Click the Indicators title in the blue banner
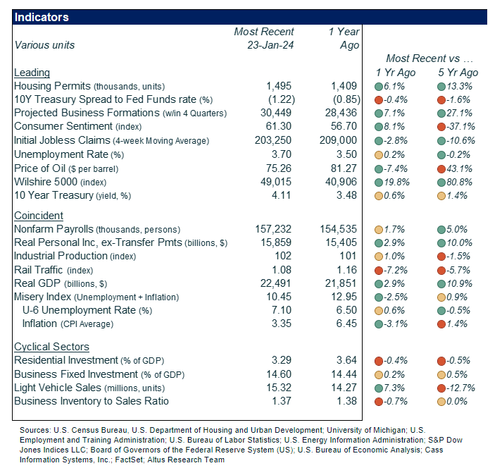pyautogui.click(x=42, y=17)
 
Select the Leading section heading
pyautogui.click(x=32, y=73)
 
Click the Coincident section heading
pyautogui.click(x=39, y=216)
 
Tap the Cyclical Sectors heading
pyautogui.click(x=51, y=347)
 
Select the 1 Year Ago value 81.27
pyautogui.click(x=345, y=169)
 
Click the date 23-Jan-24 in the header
pyautogui.click(x=264, y=45)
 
